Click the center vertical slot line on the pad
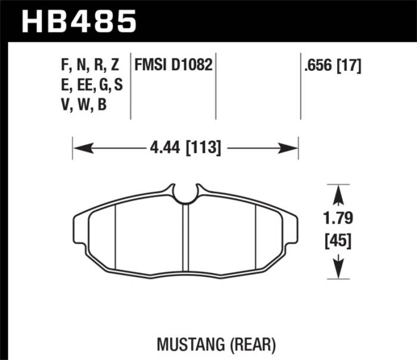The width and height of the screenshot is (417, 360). pos(188,238)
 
